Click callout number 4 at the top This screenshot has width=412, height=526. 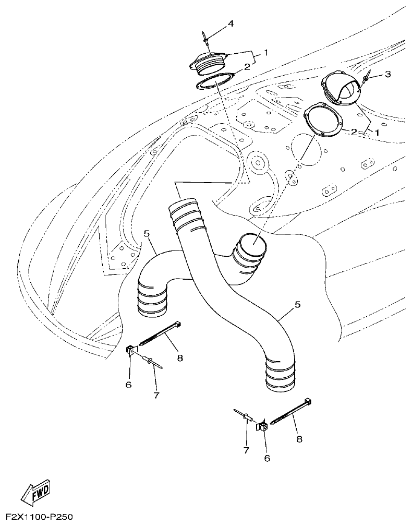point(230,23)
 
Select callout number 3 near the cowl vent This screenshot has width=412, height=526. point(387,74)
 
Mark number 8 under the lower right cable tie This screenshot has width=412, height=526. point(299,439)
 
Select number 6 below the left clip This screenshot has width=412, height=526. point(128,385)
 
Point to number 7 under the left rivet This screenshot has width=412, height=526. point(155,395)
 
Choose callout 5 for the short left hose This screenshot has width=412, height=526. point(147,234)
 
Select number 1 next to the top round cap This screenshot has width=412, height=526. point(265,53)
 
